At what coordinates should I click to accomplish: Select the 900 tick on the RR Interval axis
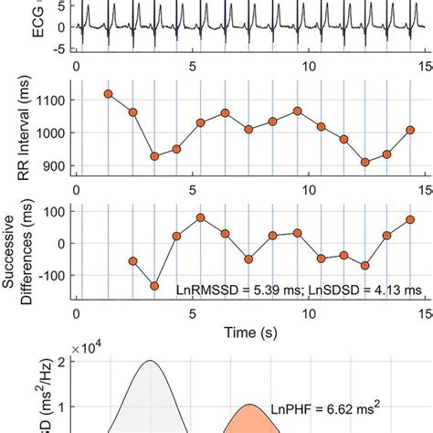coord(58,167)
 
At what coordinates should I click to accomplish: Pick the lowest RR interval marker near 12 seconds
coord(365,162)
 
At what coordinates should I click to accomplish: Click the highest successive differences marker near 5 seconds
coord(200,218)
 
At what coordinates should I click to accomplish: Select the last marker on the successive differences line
coord(411,219)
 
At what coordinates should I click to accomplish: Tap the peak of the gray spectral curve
coord(151,362)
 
